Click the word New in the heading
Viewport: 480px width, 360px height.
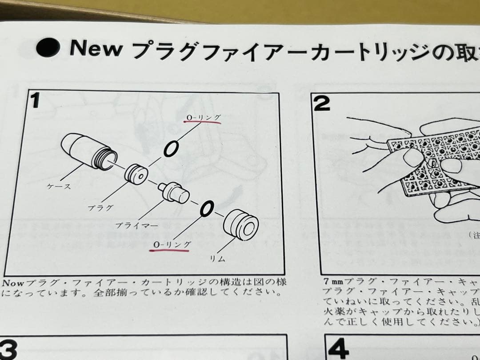click(96, 48)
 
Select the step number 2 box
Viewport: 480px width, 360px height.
click(322, 104)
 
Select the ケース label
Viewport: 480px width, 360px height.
click(59, 187)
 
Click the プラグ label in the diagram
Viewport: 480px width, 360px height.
click(100, 207)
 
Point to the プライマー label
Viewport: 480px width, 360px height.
click(136, 225)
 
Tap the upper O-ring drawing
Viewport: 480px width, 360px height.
click(171, 149)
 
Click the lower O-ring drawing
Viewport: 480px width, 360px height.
click(207, 207)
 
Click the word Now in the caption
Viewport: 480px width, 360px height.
click(13, 283)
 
